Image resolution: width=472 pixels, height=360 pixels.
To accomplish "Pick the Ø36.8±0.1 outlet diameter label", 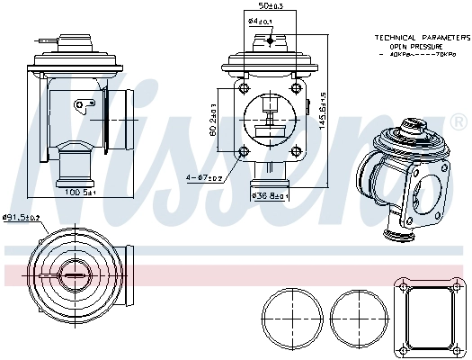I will [269, 195].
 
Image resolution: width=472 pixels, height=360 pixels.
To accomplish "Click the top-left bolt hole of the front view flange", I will [242, 87].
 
